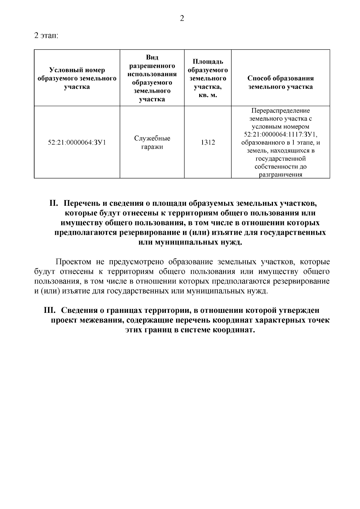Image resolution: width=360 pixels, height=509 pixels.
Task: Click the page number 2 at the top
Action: (181, 19)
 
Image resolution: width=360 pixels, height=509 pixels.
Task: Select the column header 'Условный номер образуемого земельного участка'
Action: (77, 78)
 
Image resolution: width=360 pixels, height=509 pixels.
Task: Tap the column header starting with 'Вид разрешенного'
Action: (152, 78)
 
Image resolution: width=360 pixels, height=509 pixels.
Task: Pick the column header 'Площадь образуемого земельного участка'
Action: (208, 78)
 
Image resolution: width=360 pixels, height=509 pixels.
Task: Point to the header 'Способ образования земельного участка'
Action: (280, 82)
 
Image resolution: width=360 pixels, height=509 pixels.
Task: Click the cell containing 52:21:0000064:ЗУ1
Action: (77, 143)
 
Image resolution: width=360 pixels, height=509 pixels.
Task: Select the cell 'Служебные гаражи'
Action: (152, 143)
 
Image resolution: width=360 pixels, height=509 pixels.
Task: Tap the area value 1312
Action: (208, 143)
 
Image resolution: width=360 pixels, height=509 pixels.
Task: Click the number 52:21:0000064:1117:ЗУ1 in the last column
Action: (280, 134)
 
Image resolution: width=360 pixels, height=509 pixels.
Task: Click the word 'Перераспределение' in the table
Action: (280, 111)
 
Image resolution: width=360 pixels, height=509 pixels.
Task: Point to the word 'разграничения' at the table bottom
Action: (280, 175)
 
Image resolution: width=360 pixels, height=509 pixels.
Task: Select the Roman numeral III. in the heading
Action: (50, 310)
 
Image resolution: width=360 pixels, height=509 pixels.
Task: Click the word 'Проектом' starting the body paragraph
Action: (73, 262)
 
